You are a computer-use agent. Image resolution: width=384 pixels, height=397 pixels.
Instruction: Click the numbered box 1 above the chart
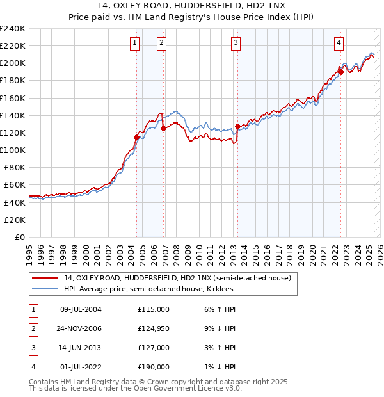135,43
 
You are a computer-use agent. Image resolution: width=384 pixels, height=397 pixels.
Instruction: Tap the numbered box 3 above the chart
236,43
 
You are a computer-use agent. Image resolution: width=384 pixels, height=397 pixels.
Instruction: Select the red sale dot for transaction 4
340,72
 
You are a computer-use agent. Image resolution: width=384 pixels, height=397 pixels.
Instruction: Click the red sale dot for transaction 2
164,128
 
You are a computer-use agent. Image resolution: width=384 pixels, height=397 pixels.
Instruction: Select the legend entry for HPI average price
148,289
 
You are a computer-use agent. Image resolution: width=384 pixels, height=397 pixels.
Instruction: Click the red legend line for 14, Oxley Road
44,278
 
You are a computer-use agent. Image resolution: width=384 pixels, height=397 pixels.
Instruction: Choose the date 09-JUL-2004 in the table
81,309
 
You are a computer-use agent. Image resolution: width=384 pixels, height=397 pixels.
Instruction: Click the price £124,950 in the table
154,328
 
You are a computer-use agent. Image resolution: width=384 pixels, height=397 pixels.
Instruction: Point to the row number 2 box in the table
33,328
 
